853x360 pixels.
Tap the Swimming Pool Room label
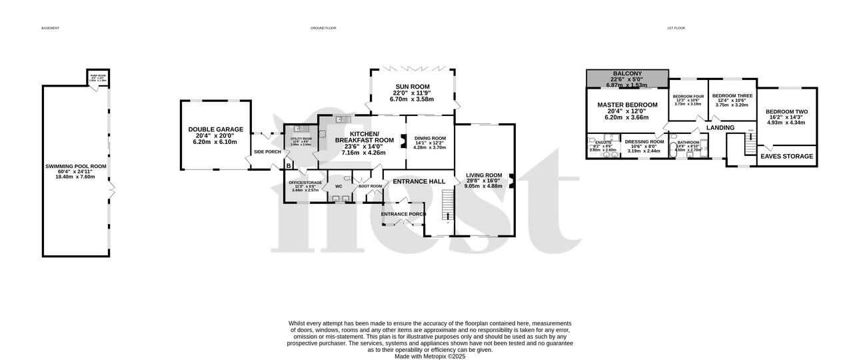pyautogui.click(x=75, y=167)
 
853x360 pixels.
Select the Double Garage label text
pyautogui.click(x=215, y=129)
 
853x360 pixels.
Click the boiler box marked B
pyautogui.click(x=288, y=165)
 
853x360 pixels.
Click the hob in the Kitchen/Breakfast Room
pyautogui.click(x=322, y=133)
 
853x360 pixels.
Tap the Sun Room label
pyautogui.click(x=412, y=87)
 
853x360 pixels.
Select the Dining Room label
pyautogui.click(x=430, y=138)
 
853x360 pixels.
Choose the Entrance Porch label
pyautogui.click(x=403, y=214)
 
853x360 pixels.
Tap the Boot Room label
pyautogui.click(x=370, y=186)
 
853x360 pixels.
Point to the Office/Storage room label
pyautogui.click(x=305, y=183)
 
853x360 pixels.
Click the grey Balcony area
pyautogui.click(x=627, y=79)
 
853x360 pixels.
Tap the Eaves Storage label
pyautogui.click(x=787, y=157)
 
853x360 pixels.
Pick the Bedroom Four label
pyautogui.click(x=688, y=97)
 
